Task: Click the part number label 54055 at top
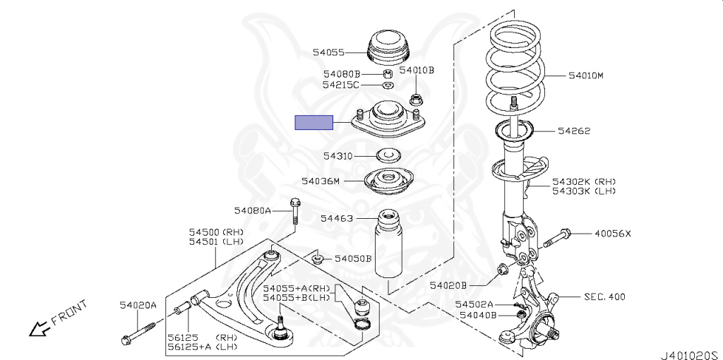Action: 328,52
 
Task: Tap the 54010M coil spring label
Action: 585,75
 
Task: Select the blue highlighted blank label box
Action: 313,123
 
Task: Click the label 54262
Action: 573,131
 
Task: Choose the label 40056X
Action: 612,234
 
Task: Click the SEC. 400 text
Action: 604,297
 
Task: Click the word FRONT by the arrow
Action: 71,311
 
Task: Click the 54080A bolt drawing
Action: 294,210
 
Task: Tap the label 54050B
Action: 353,258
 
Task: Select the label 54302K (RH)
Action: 584,181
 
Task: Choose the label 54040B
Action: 478,315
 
